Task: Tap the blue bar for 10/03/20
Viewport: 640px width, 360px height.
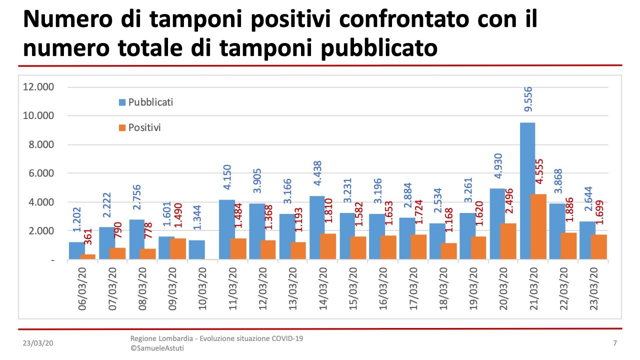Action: (x=196, y=249)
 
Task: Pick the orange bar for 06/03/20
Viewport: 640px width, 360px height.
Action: (x=88, y=256)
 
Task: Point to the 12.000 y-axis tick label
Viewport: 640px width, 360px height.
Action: (x=38, y=87)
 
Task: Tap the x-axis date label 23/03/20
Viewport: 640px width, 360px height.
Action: (x=594, y=290)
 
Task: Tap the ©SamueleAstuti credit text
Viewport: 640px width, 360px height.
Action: (x=157, y=348)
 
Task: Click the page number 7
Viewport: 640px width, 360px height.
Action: (x=614, y=343)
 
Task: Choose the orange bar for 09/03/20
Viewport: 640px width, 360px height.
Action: (x=177, y=248)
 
